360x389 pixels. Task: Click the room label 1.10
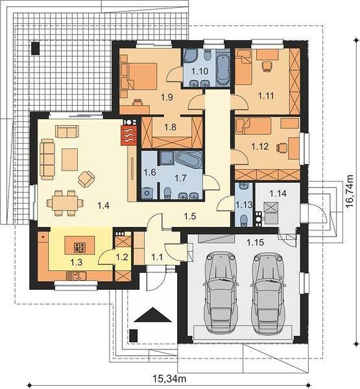click(200, 71)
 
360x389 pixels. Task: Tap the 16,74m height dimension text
click(350, 191)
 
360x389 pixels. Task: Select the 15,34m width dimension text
click(169, 379)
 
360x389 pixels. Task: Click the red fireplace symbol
click(129, 136)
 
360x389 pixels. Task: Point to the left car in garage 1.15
click(221, 292)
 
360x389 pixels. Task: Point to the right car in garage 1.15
click(269, 292)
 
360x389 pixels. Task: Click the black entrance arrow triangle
click(152, 314)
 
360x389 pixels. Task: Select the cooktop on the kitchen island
click(80, 247)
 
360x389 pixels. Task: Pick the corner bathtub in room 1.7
click(189, 159)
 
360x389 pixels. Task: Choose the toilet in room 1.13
click(244, 220)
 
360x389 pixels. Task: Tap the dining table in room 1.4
click(66, 203)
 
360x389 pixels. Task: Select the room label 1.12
click(260, 147)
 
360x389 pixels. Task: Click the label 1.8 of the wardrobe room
click(171, 127)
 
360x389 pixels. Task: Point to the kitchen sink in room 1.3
click(77, 276)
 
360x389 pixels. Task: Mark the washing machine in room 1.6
click(147, 193)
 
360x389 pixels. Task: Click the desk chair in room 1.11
click(267, 66)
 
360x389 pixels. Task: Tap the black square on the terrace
click(35, 48)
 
